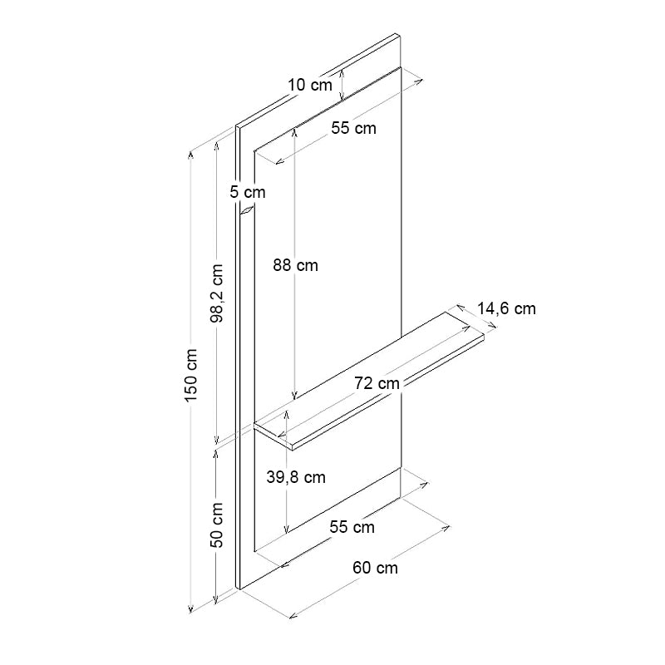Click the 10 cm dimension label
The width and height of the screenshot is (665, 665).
click(309, 84)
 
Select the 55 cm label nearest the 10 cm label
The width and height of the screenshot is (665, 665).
click(353, 128)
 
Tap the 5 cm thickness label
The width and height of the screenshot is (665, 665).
click(248, 192)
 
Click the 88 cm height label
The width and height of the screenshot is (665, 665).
click(295, 266)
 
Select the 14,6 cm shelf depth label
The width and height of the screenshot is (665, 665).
click(506, 309)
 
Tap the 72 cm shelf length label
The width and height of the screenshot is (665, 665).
click(377, 383)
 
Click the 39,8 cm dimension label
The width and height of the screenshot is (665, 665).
click(297, 477)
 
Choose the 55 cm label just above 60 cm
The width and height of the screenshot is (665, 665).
click(352, 527)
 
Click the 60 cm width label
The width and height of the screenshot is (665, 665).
click(375, 569)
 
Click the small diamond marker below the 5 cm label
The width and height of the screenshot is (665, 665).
click(247, 212)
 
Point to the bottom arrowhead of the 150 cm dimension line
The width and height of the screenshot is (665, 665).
click(193, 608)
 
